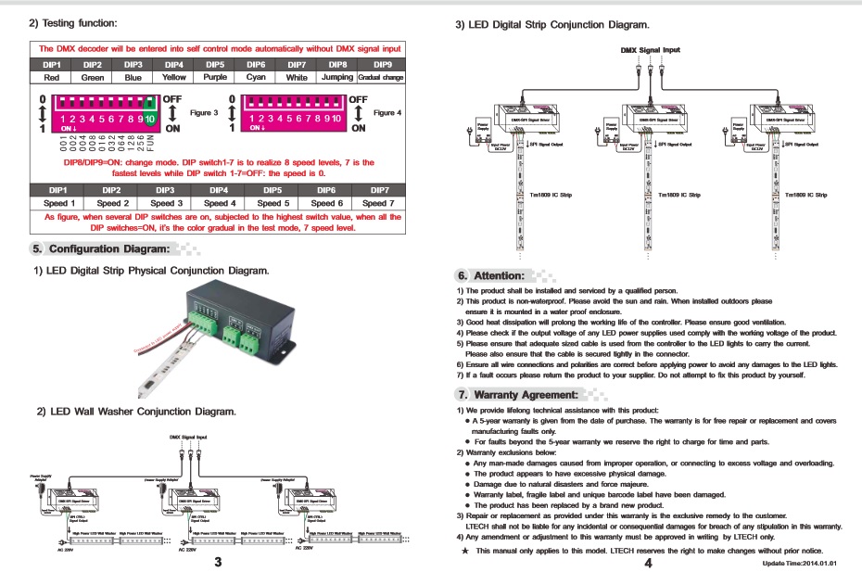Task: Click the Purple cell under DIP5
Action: tap(215, 78)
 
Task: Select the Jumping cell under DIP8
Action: tap(336, 78)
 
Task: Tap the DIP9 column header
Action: tap(381, 64)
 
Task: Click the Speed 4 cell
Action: tap(220, 203)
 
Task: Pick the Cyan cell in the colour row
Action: tap(256, 78)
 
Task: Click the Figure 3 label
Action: tap(204, 112)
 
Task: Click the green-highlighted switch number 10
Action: tap(149, 120)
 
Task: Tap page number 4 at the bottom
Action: tap(649, 562)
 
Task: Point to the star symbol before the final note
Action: tap(465, 551)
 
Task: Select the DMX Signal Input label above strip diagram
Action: tap(650, 49)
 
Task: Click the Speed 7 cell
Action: tap(378, 203)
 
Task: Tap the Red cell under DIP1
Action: tap(57, 78)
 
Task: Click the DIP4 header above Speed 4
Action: tap(220, 189)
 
